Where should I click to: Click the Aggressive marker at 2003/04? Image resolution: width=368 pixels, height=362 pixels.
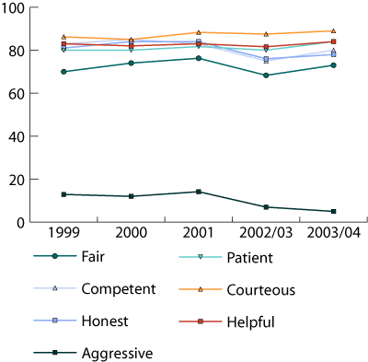coord(333,211)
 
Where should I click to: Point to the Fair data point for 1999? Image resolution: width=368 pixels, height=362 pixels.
coord(63,72)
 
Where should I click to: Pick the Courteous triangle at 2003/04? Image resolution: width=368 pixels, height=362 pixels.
coord(333,31)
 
